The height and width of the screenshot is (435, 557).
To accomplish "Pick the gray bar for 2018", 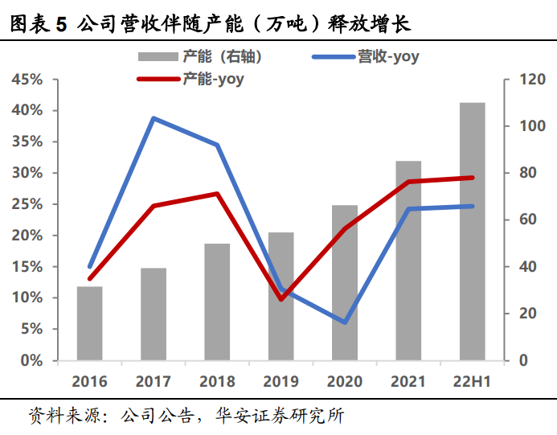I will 217,302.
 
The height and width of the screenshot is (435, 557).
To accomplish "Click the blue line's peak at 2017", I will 153,118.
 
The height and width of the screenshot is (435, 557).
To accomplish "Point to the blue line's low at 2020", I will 345,322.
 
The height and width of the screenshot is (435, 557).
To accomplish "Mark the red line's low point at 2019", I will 281,299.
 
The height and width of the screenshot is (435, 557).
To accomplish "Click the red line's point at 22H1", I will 472,178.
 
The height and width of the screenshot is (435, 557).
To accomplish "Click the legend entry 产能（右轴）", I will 201,56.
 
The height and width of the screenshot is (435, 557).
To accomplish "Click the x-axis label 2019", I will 281,381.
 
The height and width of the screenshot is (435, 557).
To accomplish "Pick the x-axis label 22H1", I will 472,381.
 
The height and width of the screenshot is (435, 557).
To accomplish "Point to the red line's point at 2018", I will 217,194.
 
